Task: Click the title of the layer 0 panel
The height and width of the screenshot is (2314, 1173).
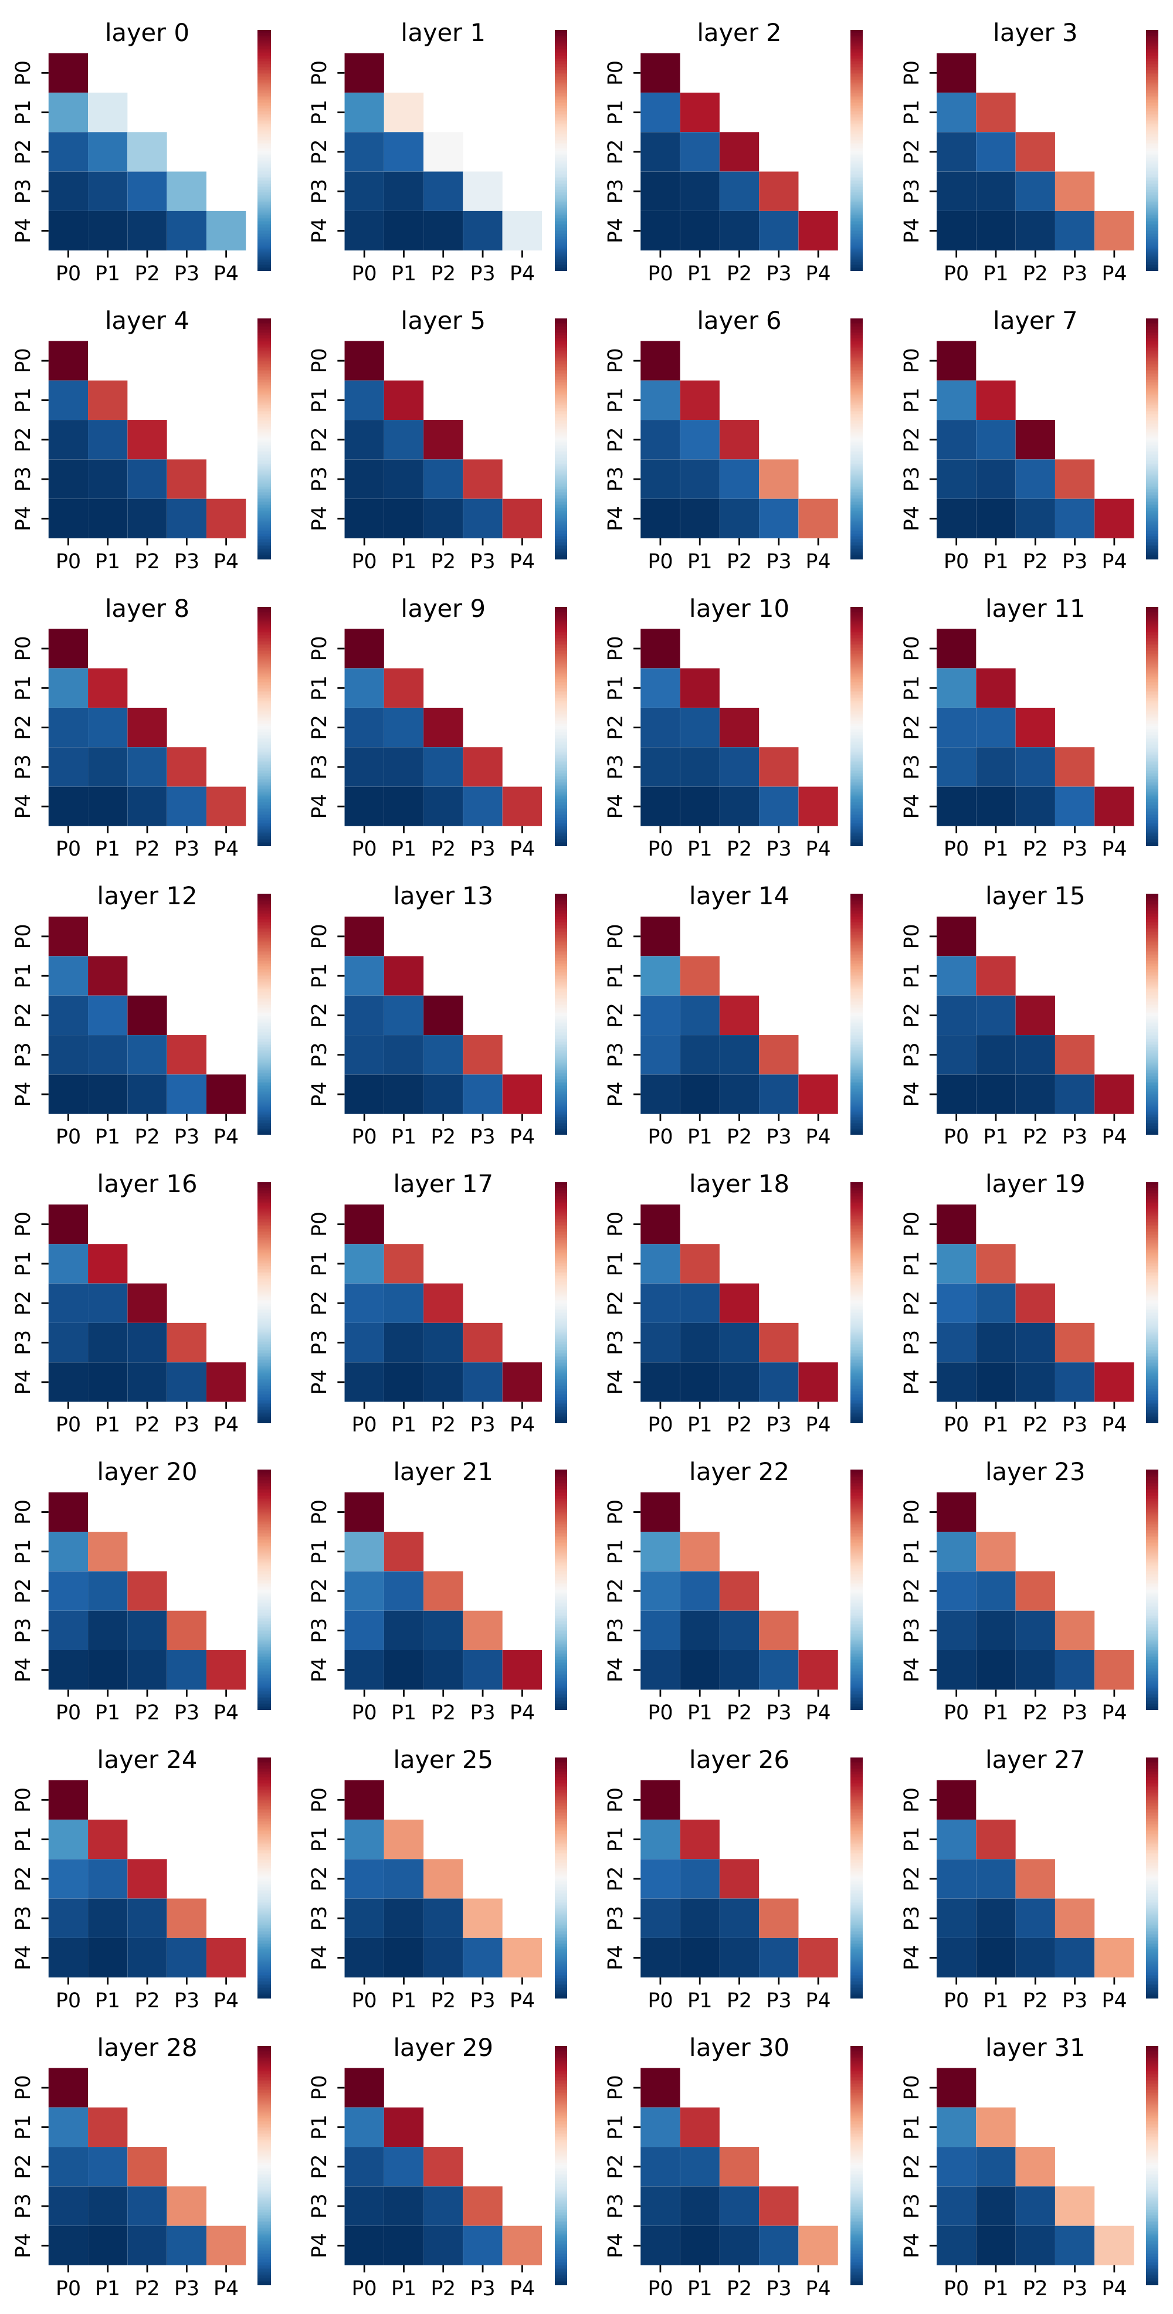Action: (x=147, y=33)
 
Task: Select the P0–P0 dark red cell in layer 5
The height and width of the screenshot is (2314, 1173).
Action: (x=364, y=360)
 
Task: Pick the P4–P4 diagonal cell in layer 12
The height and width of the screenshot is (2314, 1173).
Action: (x=225, y=1094)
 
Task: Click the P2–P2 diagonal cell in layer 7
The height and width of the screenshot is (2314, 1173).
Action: (x=1035, y=439)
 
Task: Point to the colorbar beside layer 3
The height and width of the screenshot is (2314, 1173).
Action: (x=1152, y=150)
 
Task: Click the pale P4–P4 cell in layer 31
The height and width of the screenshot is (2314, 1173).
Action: (x=1114, y=2245)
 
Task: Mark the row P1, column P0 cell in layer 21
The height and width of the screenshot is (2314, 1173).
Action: (x=364, y=1551)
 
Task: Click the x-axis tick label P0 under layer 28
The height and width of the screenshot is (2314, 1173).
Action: (x=68, y=2287)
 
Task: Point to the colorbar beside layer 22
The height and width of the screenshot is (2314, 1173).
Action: (x=856, y=1589)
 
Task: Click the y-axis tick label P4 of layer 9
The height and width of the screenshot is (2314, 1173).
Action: (x=319, y=806)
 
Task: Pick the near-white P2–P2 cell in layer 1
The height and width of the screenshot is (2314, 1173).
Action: (x=443, y=152)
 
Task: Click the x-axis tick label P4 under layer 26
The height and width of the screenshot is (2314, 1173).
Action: (x=818, y=2000)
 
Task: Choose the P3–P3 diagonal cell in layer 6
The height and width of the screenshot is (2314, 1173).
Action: (x=778, y=479)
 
